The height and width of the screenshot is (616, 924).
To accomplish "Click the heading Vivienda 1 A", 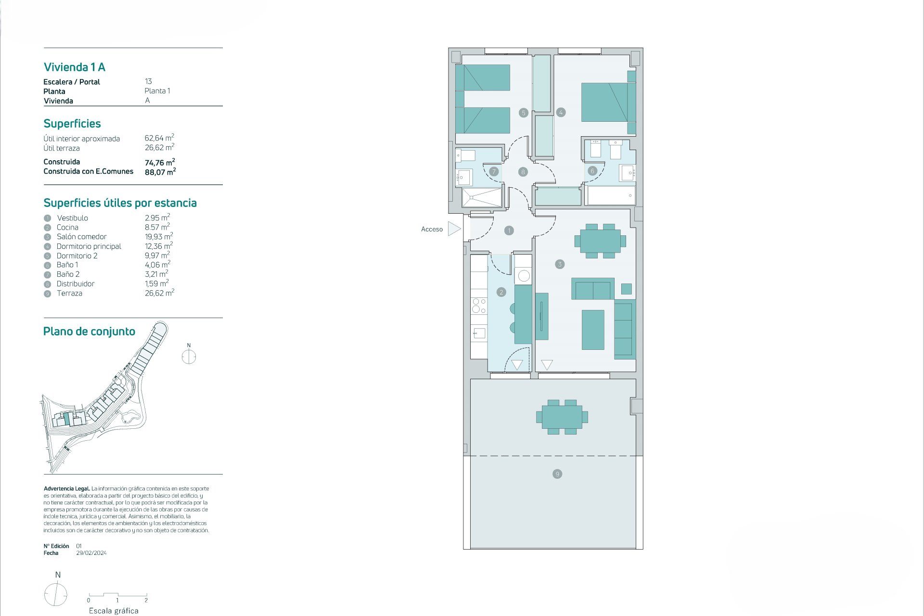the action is point(75,67).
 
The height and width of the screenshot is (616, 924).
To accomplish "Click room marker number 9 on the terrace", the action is point(557,474).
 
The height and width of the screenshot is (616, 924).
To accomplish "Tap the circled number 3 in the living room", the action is point(559,264).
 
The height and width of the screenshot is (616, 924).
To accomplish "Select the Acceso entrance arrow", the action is point(454,229).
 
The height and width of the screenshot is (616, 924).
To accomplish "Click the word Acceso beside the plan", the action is point(432,229).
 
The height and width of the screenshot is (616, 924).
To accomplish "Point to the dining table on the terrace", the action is point(562,417).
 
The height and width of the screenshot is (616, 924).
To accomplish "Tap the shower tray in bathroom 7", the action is point(482,198).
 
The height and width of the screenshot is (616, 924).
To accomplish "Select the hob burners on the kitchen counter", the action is point(479,306).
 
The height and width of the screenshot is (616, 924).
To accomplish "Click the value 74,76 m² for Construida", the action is point(160,162).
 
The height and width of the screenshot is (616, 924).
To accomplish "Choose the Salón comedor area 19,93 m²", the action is point(159,236).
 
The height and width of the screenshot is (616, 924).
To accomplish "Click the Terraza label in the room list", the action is point(69,293).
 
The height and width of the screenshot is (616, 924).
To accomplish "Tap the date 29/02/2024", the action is point(91,553).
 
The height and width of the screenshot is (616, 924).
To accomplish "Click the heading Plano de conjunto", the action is point(89,331).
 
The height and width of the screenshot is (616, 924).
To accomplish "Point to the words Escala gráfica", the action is point(114,611).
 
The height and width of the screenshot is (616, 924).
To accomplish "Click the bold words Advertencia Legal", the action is point(67,488).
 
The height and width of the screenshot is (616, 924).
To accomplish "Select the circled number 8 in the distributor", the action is point(523,172).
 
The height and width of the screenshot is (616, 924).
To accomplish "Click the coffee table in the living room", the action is point(593,330).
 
